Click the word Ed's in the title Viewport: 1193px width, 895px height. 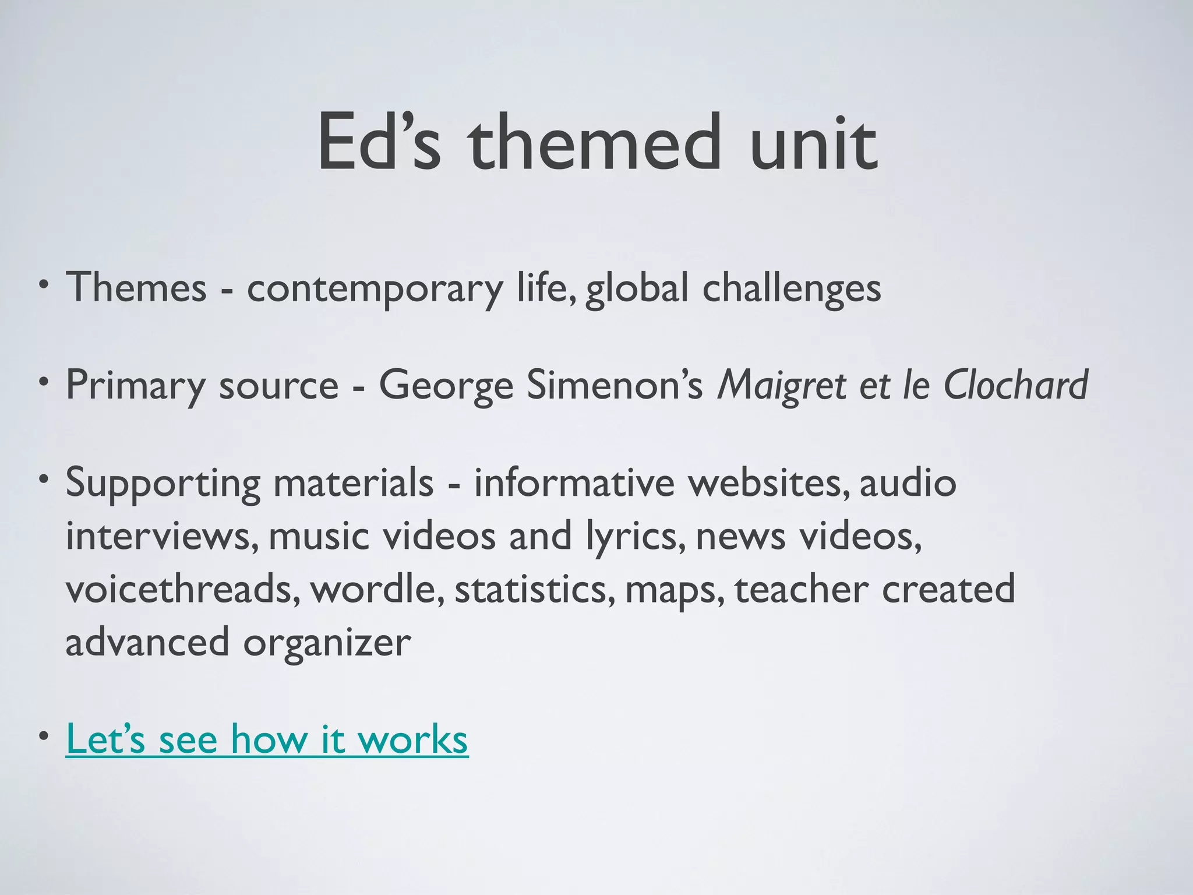tap(378, 143)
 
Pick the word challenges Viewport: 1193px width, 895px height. tap(792, 289)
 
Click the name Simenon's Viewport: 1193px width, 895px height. tap(615, 385)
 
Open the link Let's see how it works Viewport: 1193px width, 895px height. tap(267, 739)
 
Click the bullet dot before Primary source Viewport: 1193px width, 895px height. tap(43, 383)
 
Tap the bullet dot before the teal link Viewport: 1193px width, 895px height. tap(43, 737)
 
